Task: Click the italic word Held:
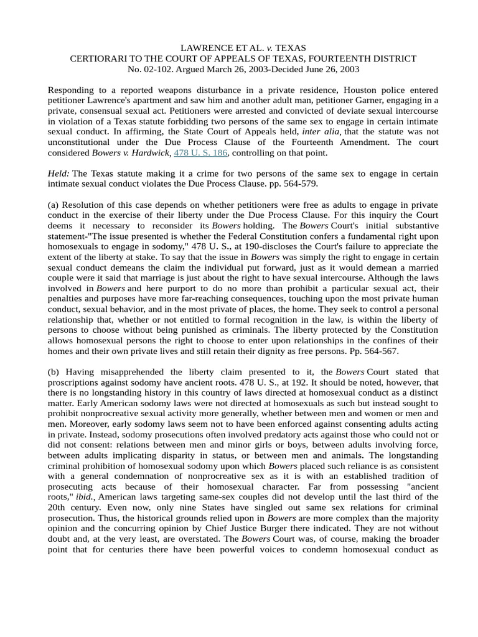(x=59, y=174)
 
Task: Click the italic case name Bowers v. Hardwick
(x=131, y=152)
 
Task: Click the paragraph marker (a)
(x=54, y=205)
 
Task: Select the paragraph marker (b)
(x=54, y=372)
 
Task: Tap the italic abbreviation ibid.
(x=85, y=497)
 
